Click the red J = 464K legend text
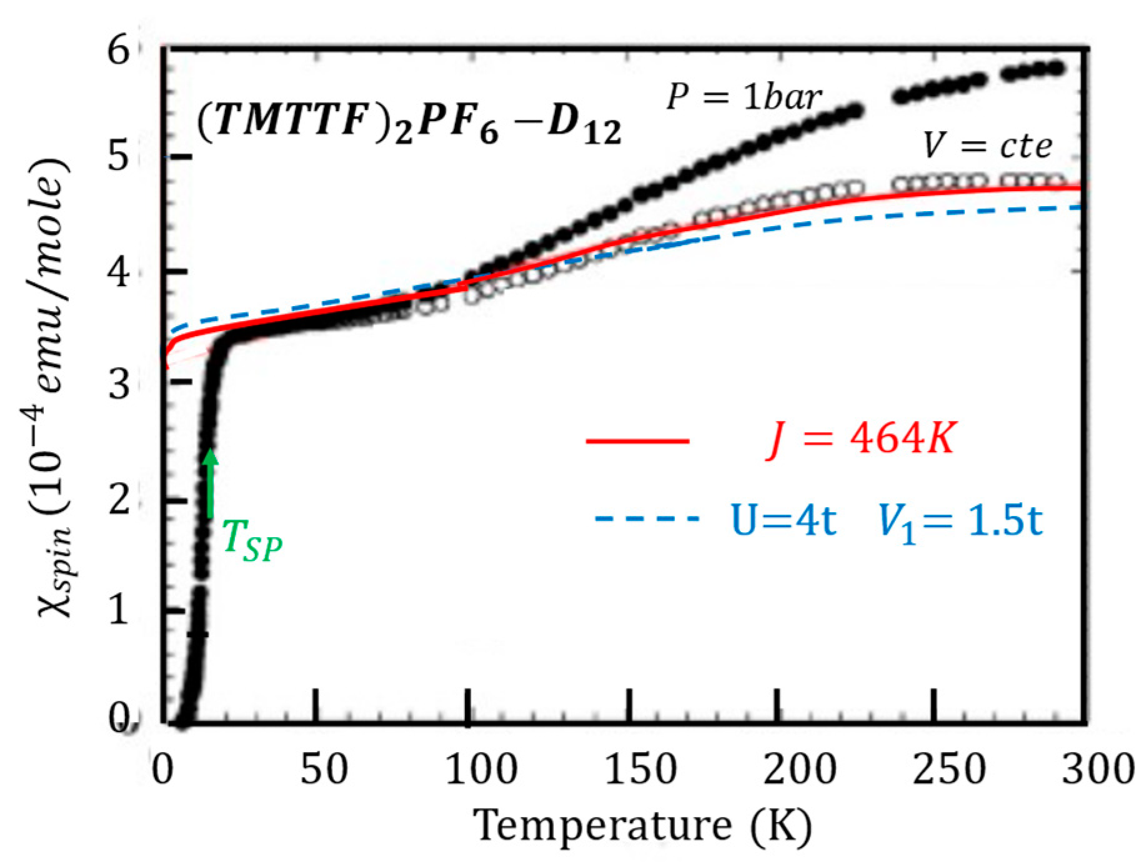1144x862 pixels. (860, 442)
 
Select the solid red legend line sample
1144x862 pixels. (637, 441)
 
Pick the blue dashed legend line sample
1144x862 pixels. (645, 518)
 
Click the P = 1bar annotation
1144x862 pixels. (744, 98)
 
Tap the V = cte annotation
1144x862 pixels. (987, 147)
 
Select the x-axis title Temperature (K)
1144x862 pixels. (643, 826)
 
